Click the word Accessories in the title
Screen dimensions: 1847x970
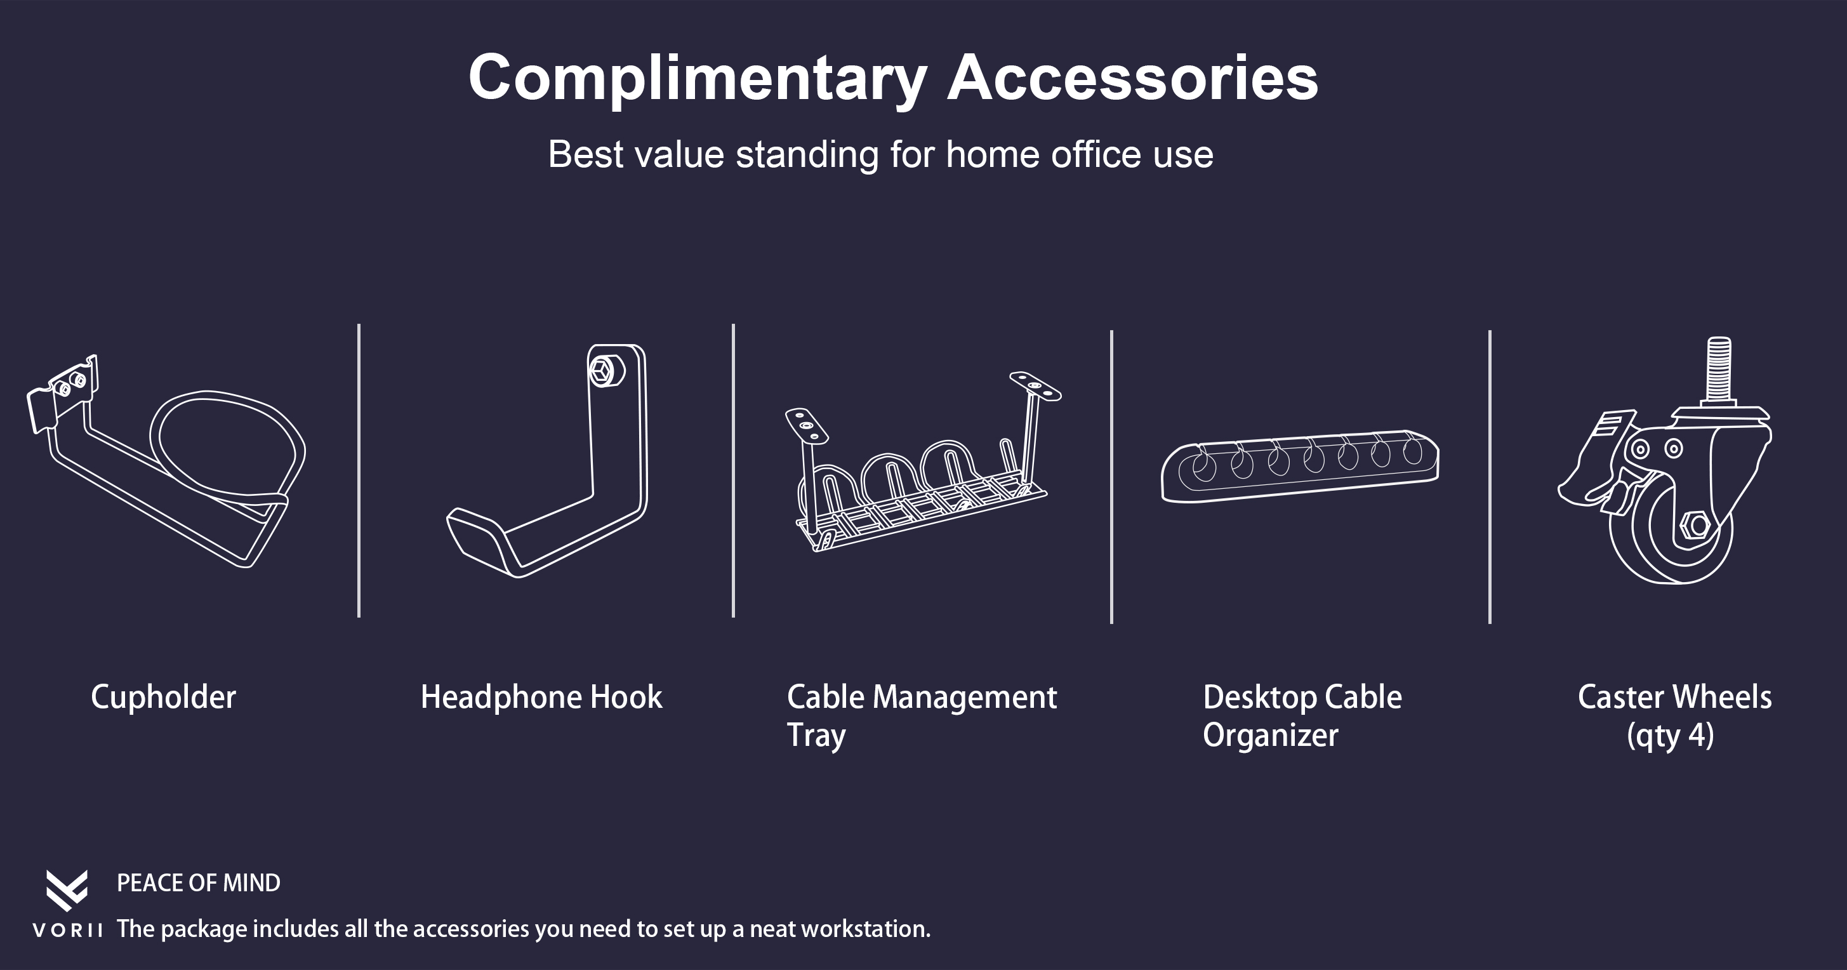pos(1133,77)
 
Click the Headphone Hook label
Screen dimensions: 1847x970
pos(541,698)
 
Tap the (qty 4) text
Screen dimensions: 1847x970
pos(1671,736)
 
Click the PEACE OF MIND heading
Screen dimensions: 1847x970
pos(199,883)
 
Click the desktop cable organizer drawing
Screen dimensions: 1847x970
pos(1300,467)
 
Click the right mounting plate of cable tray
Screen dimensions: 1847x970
pos(1035,387)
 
